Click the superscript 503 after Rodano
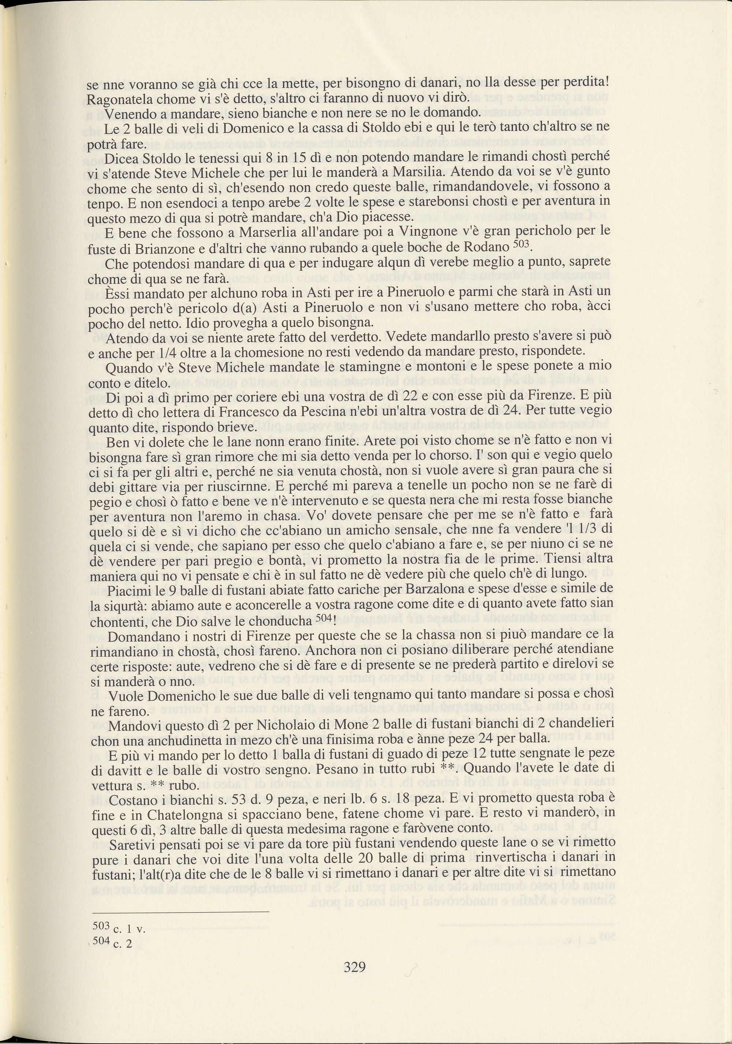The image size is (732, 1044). (521, 244)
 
